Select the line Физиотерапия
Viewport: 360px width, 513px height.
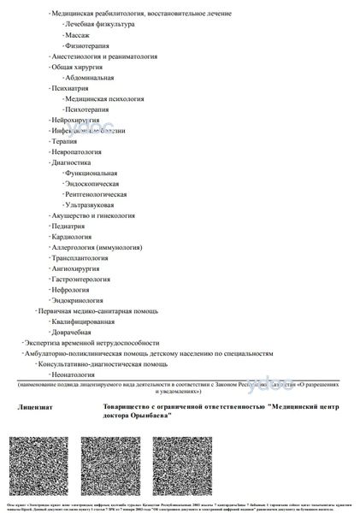pos(85,45)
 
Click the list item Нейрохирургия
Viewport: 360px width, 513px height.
pos(77,120)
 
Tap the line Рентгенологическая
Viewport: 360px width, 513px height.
pos(102,194)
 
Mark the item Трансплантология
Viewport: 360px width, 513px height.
pos(84,257)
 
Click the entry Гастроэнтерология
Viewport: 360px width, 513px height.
pos(86,279)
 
